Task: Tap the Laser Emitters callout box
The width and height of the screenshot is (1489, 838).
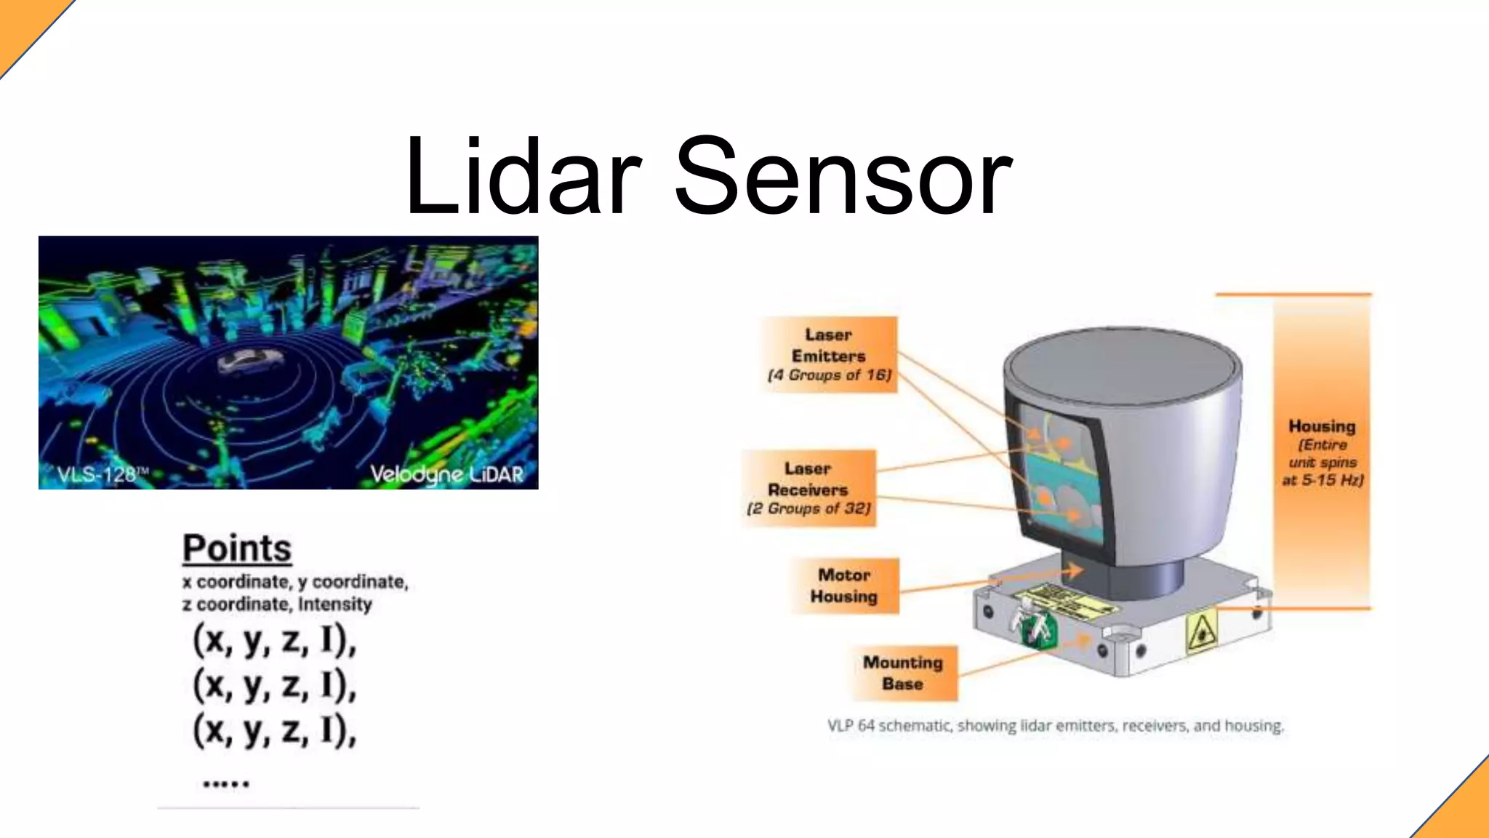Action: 829,355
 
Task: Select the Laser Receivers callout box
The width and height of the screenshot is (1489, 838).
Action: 808,488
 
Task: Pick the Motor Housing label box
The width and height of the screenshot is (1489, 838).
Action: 844,586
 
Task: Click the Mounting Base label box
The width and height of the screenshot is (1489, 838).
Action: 902,673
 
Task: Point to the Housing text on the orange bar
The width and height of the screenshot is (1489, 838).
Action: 1322,427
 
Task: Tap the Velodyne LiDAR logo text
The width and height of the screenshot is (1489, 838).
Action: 446,474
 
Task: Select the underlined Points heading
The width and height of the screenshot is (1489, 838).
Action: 237,548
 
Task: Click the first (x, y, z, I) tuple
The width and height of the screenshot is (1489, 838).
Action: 275,640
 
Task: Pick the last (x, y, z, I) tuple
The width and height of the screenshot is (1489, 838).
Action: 275,730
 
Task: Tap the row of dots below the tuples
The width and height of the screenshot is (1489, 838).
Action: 226,783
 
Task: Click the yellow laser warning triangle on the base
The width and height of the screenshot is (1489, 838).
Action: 1201,631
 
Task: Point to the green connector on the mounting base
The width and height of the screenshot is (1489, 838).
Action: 1035,626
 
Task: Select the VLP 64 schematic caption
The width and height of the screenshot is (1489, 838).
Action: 1056,725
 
